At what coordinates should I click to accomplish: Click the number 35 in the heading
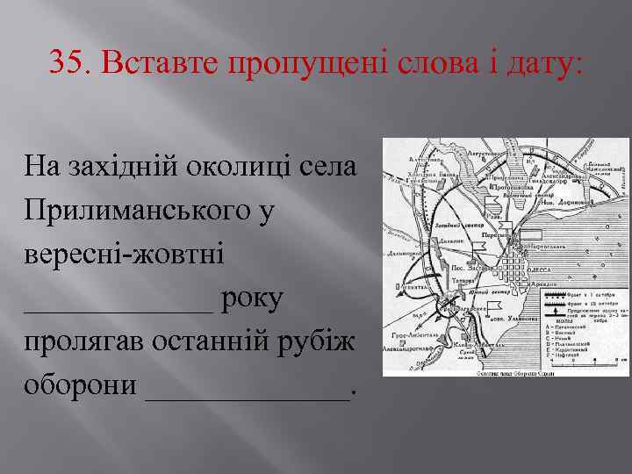tap(68, 61)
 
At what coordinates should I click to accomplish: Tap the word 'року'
tap(253, 299)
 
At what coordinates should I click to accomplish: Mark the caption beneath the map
tap(498, 373)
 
